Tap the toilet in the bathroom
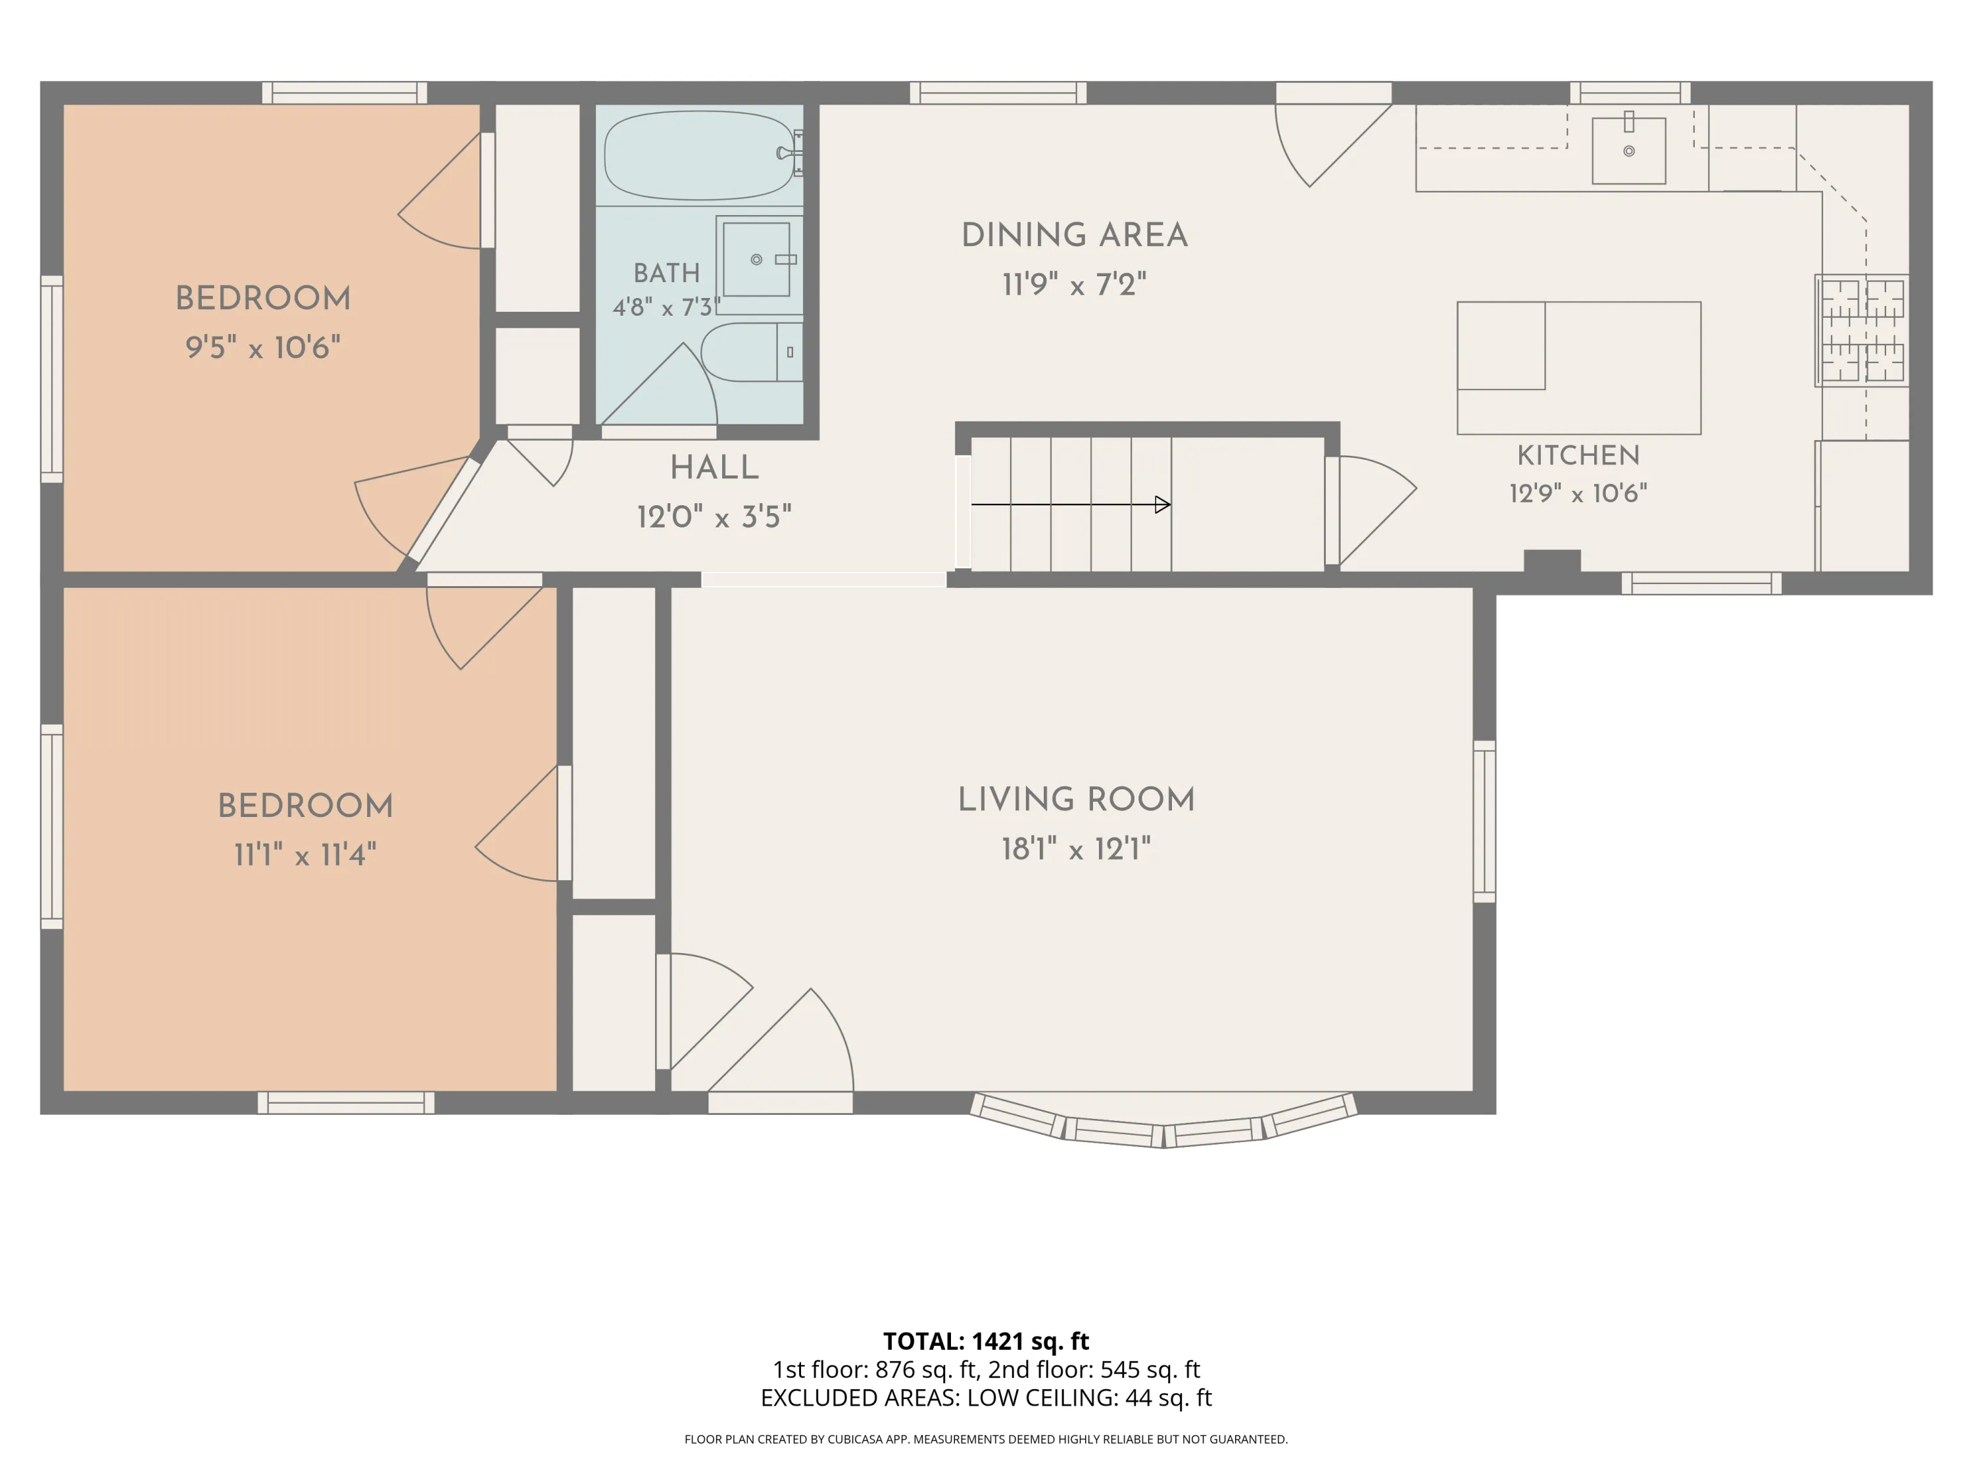(752, 353)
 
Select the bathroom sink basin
(756, 260)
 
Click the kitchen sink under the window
(1628, 151)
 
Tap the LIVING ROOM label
(1076, 799)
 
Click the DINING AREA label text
(1075, 235)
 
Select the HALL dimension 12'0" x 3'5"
(714, 516)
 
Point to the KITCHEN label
(1578, 455)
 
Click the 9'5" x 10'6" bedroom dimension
(263, 347)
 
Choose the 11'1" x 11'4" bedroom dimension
(305, 854)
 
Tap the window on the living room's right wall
(1484, 821)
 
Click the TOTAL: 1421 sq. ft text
(986, 1341)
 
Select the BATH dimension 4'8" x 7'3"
(667, 308)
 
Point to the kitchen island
(1579, 368)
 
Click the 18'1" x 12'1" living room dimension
(1076, 849)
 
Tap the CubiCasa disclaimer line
(986, 1439)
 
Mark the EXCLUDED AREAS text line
(986, 1398)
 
